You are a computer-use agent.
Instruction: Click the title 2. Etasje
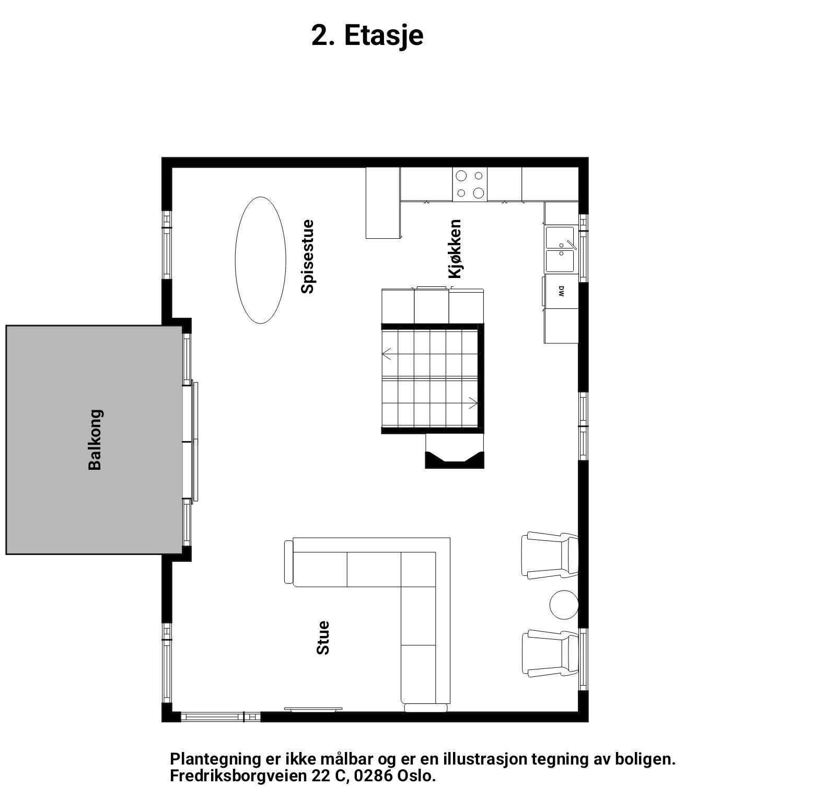pyautogui.click(x=367, y=36)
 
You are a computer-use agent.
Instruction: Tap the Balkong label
pyautogui.click(x=95, y=440)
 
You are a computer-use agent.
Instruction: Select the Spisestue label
pyautogui.click(x=308, y=257)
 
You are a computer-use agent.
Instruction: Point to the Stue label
pyautogui.click(x=323, y=637)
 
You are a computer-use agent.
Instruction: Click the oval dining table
pyautogui.click(x=260, y=260)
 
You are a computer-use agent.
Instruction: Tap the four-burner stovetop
pyautogui.click(x=469, y=184)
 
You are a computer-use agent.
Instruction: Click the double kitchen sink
pyautogui.click(x=560, y=250)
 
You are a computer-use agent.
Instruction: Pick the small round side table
pyautogui.click(x=564, y=605)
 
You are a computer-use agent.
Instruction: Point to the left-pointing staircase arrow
pyautogui.click(x=387, y=354)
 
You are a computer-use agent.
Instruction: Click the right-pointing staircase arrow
pyautogui.click(x=473, y=403)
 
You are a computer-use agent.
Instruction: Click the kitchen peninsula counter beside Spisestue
pyautogui.click(x=383, y=203)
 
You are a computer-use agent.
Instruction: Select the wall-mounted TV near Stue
pyautogui.click(x=313, y=709)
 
